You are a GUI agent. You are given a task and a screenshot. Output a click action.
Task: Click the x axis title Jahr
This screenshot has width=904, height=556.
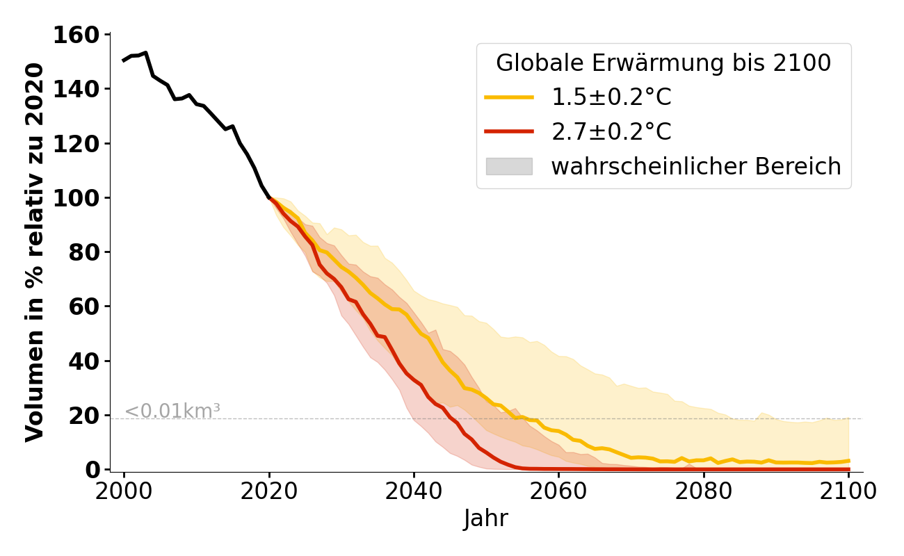[x=486, y=519]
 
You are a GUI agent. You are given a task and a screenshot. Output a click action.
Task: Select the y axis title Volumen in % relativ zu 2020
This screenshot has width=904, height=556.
[x=35, y=252]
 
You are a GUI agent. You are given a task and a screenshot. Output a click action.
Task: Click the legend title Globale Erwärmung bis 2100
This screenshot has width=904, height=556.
[x=663, y=63]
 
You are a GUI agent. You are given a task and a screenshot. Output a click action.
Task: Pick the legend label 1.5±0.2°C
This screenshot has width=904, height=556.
[x=611, y=98]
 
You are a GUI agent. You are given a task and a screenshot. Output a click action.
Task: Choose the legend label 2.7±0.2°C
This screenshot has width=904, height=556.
[x=611, y=132]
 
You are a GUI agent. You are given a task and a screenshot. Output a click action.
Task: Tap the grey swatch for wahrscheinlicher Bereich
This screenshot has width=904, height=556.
[x=509, y=167]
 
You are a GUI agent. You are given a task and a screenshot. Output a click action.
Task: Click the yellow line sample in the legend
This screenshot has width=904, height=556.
[x=509, y=98]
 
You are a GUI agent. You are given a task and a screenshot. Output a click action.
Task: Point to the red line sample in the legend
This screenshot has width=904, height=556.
[x=509, y=132]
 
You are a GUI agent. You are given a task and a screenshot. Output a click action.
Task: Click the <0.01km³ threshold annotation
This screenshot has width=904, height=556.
[x=172, y=411]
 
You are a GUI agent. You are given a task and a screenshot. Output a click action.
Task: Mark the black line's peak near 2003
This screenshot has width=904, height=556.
[x=145, y=53]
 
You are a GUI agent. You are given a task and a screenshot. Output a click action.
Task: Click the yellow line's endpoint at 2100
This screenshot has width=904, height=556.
[x=848, y=461]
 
